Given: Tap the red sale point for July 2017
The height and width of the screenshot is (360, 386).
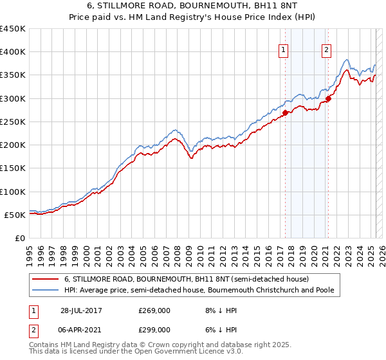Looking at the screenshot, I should click(x=284, y=112).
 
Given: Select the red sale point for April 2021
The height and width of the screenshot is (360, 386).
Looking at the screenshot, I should click(x=327, y=98).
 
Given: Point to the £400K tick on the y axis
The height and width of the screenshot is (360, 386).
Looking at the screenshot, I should click(x=14, y=52).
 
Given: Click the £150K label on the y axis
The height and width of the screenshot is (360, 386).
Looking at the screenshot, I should click(x=14, y=168).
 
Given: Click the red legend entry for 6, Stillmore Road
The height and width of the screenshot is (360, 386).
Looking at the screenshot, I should click(x=187, y=279).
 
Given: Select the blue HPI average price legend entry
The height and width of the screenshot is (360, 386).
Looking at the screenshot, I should click(x=203, y=290).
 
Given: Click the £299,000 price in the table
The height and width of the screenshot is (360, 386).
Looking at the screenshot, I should click(x=154, y=329).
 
